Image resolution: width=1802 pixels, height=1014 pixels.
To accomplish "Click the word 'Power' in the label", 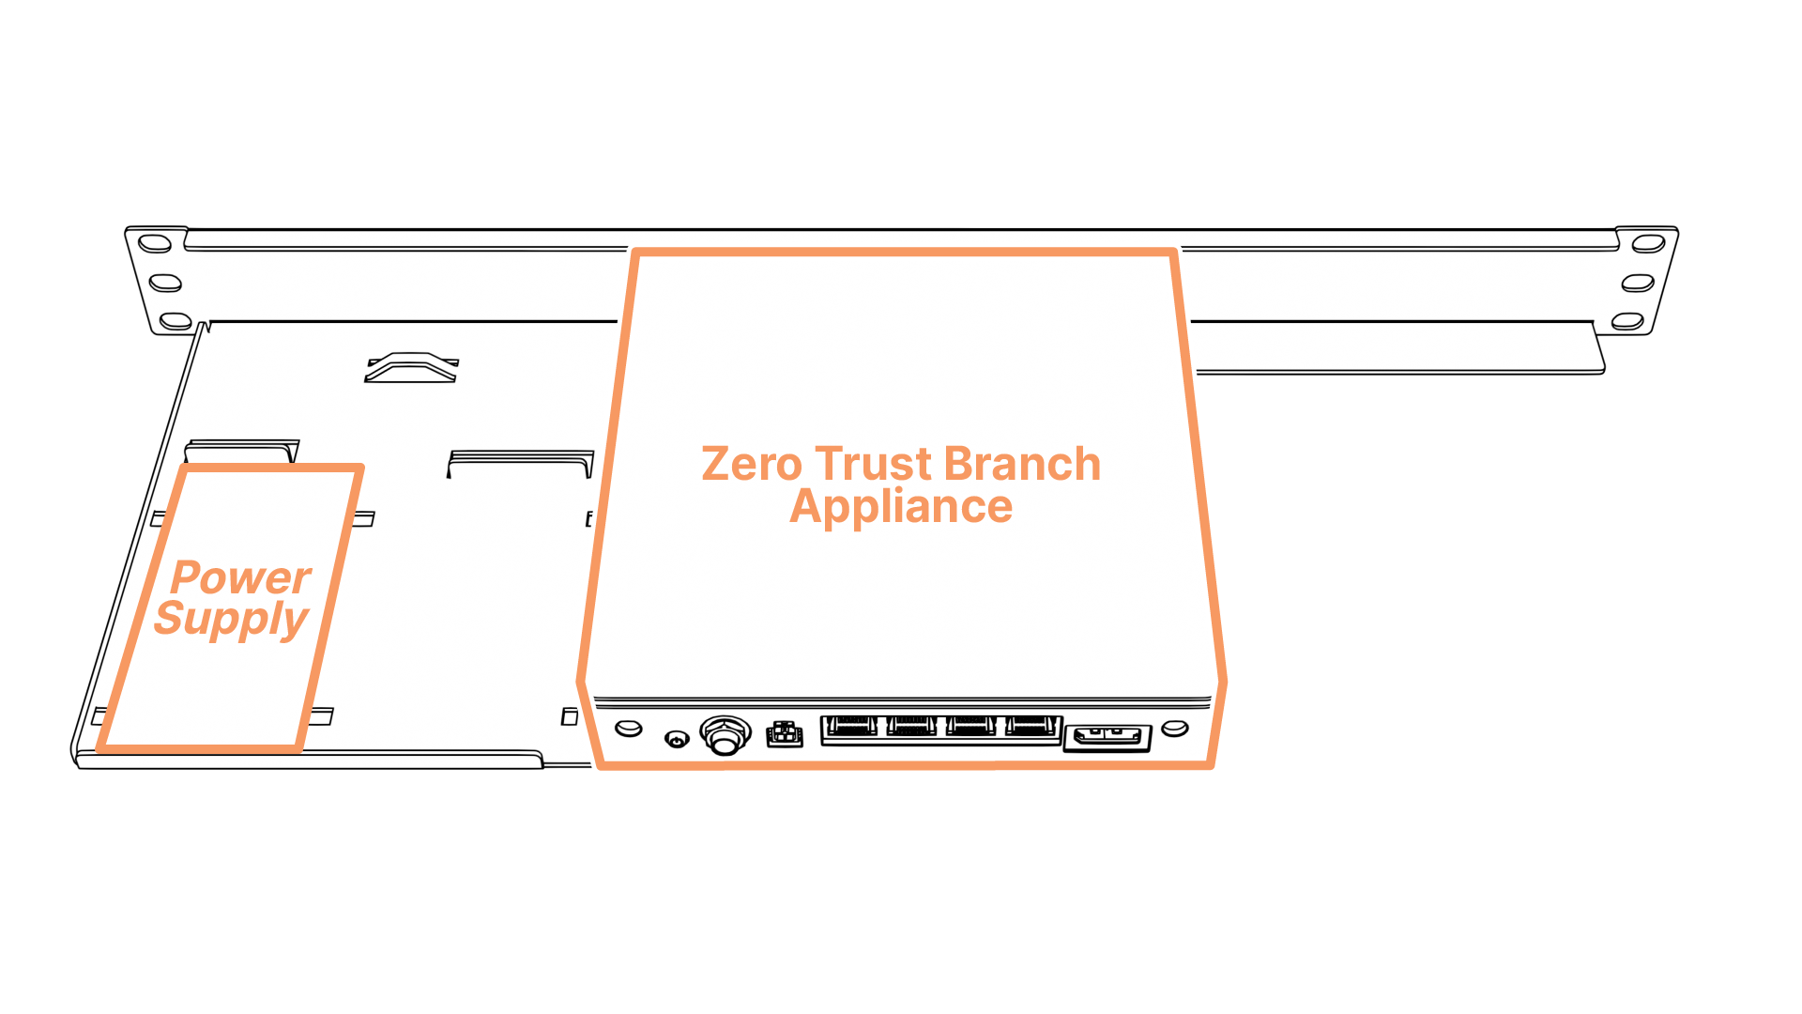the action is [241, 577].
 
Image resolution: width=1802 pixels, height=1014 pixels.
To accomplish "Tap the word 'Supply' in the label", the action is [232, 620].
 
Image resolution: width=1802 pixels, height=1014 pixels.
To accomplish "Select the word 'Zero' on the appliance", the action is [752, 464].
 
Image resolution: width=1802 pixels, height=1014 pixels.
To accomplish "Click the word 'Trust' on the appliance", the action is [873, 464].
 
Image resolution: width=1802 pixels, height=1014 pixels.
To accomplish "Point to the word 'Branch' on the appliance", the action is [1022, 464].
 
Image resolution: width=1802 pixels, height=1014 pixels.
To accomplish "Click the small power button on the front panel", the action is [677, 740].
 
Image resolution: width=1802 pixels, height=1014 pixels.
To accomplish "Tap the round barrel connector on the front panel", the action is [725, 734].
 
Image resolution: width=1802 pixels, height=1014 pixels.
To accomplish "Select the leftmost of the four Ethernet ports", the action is [850, 728].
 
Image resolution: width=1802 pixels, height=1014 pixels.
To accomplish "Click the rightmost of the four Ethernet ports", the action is [1032, 728].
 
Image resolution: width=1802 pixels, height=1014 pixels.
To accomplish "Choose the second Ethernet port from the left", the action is [910, 728].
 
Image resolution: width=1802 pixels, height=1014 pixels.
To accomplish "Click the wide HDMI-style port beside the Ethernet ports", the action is [1107, 737].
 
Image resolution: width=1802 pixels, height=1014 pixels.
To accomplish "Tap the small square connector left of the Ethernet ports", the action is [785, 734].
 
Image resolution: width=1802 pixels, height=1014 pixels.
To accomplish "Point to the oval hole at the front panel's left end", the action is [629, 728].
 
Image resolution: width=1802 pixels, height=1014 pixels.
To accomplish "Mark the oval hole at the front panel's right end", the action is [1175, 728].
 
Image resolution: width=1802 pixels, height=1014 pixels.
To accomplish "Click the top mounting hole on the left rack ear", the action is [155, 244].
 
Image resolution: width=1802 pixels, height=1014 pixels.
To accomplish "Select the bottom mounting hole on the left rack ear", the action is [176, 321].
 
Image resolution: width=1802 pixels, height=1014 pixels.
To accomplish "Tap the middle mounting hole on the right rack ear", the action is [1638, 283].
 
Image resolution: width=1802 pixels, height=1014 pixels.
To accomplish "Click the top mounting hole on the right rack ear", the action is [1648, 244].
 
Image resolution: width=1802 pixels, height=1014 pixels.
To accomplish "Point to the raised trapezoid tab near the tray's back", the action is [412, 367].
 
